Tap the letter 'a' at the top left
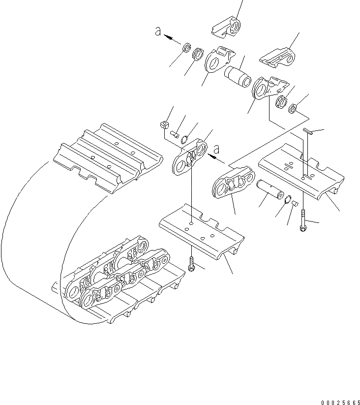coord(158,31)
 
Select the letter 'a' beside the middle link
coord(216,149)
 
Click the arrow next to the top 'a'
coord(171,36)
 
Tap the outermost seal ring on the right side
coord(292,108)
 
